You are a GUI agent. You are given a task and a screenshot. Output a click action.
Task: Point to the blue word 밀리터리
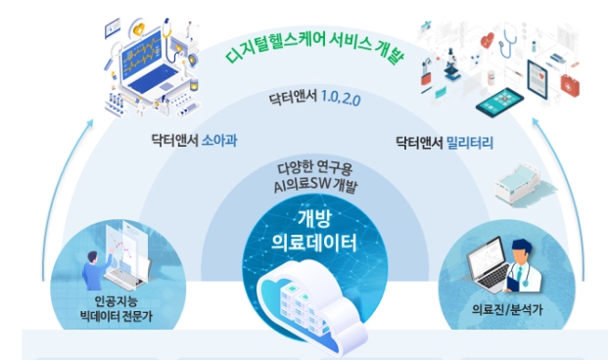coord(472,145)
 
